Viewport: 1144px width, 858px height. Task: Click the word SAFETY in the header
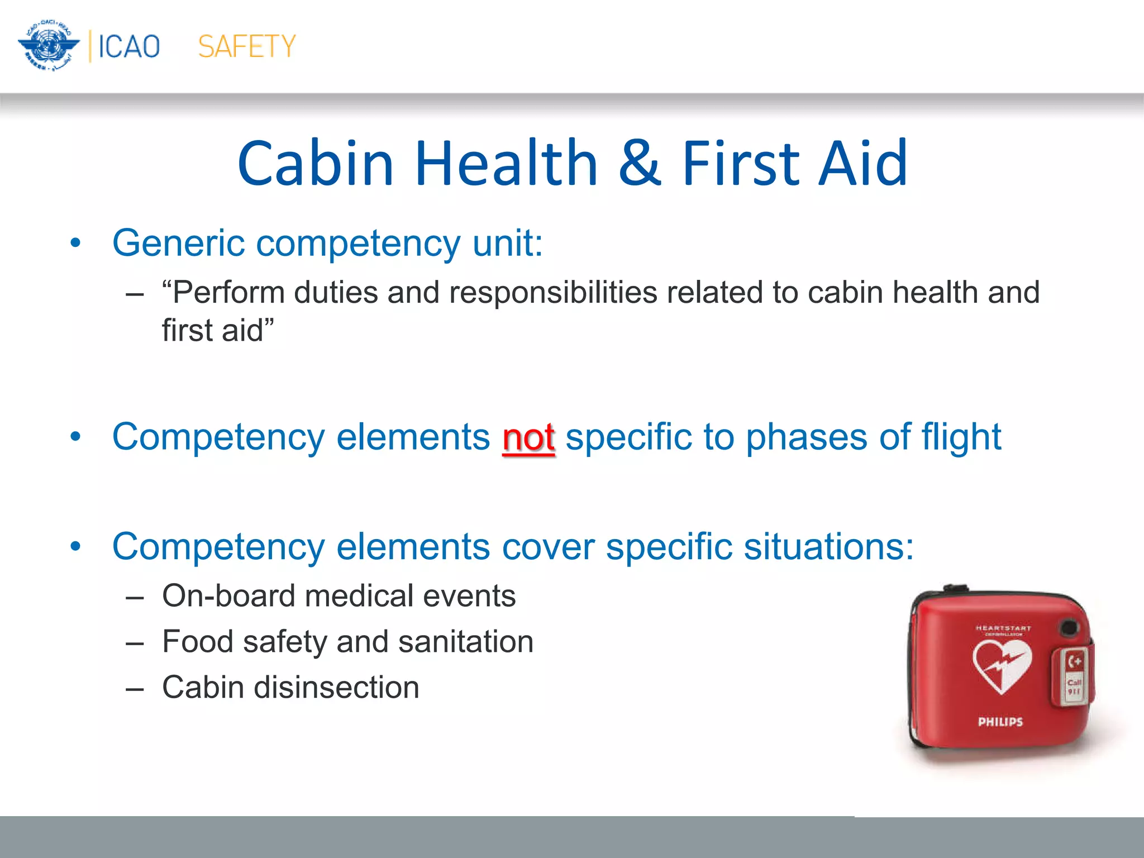pyautogui.click(x=246, y=46)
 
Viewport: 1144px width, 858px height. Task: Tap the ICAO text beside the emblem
pyautogui.click(x=129, y=46)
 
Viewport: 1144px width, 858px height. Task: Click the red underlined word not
pyautogui.click(x=528, y=437)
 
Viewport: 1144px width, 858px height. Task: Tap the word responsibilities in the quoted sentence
pyautogui.click(x=553, y=293)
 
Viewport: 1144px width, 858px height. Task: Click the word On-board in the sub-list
pyautogui.click(x=228, y=595)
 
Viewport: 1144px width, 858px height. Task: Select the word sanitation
pyautogui.click(x=466, y=641)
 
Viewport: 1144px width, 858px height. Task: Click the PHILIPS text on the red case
pyautogui.click(x=1000, y=722)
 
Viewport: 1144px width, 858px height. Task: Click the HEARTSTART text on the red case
pyautogui.click(x=1003, y=628)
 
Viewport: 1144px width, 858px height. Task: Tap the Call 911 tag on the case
pyautogui.click(x=1074, y=686)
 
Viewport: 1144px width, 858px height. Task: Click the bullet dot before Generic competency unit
pyautogui.click(x=75, y=244)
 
